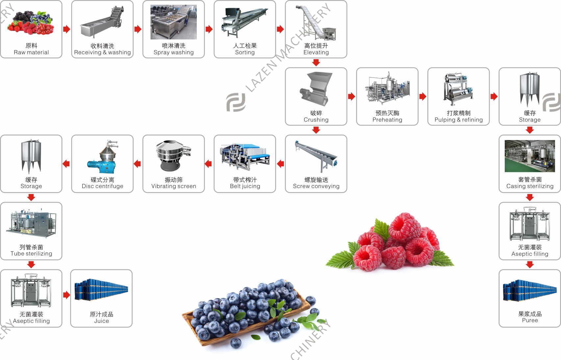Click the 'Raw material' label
pyautogui.click(x=31, y=52)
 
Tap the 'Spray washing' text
pyautogui.click(x=173, y=52)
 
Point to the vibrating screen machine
pyautogui.click(x=173, y=156)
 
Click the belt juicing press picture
pyautogui.click(x=245, y=157)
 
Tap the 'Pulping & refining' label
pyautogui.click(x=459, y=120)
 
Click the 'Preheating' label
pyautogui.click(x=387, y=120)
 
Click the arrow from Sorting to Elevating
pyautogui.click(x=280, y=29)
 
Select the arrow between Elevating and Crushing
pyautogui.click(x=316, y=62)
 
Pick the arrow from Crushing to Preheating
pyautogui.click(x=351, y=96)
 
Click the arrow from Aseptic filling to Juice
pyautogui.click(x=66, y=295)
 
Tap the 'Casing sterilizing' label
pyautogui.click(x=530, y=186)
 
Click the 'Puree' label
pyautogui.click(x=530, y=320)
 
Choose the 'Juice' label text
pyautogui.click(x=101, y=321)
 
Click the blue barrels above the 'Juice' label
pyautogui.click(x=101, y=290)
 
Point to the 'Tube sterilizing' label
pyautogui.click(x=31, y=253)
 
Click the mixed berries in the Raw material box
pyautogui.click(x=31, y=23)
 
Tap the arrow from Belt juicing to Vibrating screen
pyautogui.click(x=208, y=164)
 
